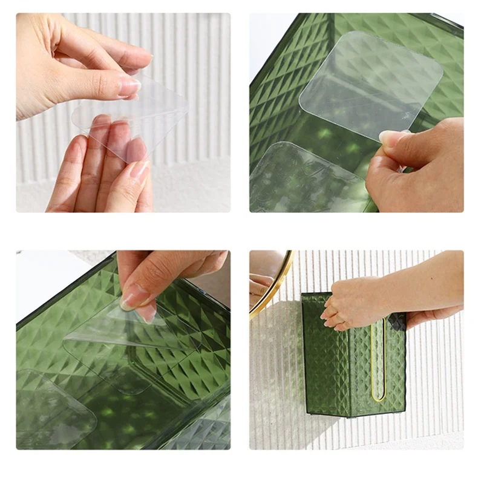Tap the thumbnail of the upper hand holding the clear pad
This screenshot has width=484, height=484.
click(x=129, y=88)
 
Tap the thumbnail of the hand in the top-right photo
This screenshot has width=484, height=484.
click(x=388, y=137)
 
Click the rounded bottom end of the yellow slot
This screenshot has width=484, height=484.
click(x=378, y=397)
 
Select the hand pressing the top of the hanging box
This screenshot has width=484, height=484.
click(x=354, y=302)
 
